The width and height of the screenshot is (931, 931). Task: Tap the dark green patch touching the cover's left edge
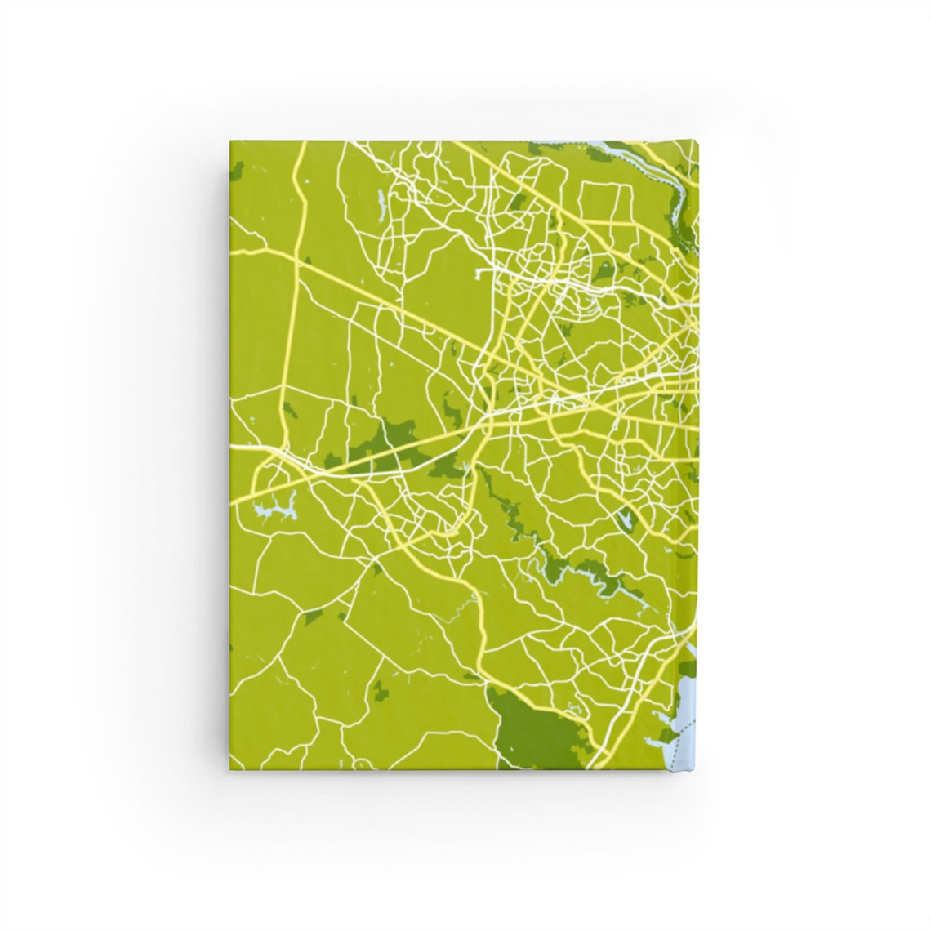click(x=237, y=171)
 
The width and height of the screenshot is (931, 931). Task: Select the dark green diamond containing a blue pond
click(x=624, y=518)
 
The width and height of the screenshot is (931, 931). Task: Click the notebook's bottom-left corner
click(x=230, y=770)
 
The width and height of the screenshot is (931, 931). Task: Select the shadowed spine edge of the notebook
click(x=697, y=457)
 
